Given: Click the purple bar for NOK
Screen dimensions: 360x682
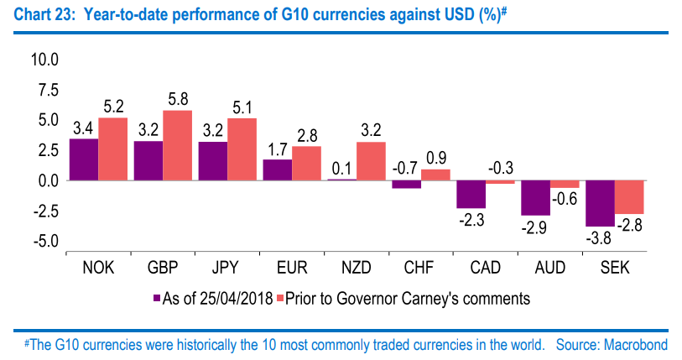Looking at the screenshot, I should coord(84,159).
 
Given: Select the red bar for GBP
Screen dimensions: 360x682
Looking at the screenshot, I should coord(177,145).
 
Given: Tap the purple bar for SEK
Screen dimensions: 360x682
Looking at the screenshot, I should coord(600,203).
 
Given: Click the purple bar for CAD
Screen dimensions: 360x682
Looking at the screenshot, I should coord(471,194).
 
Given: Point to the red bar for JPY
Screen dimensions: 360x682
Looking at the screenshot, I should coord(242,149).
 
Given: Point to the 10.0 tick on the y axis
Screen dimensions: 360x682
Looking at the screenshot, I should coord(43,60).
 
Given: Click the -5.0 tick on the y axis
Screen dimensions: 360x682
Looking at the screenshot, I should coord(43,242).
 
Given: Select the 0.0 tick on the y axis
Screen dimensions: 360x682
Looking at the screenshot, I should coord(45,181).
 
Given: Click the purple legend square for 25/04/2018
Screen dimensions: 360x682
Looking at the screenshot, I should coord(157,297).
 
